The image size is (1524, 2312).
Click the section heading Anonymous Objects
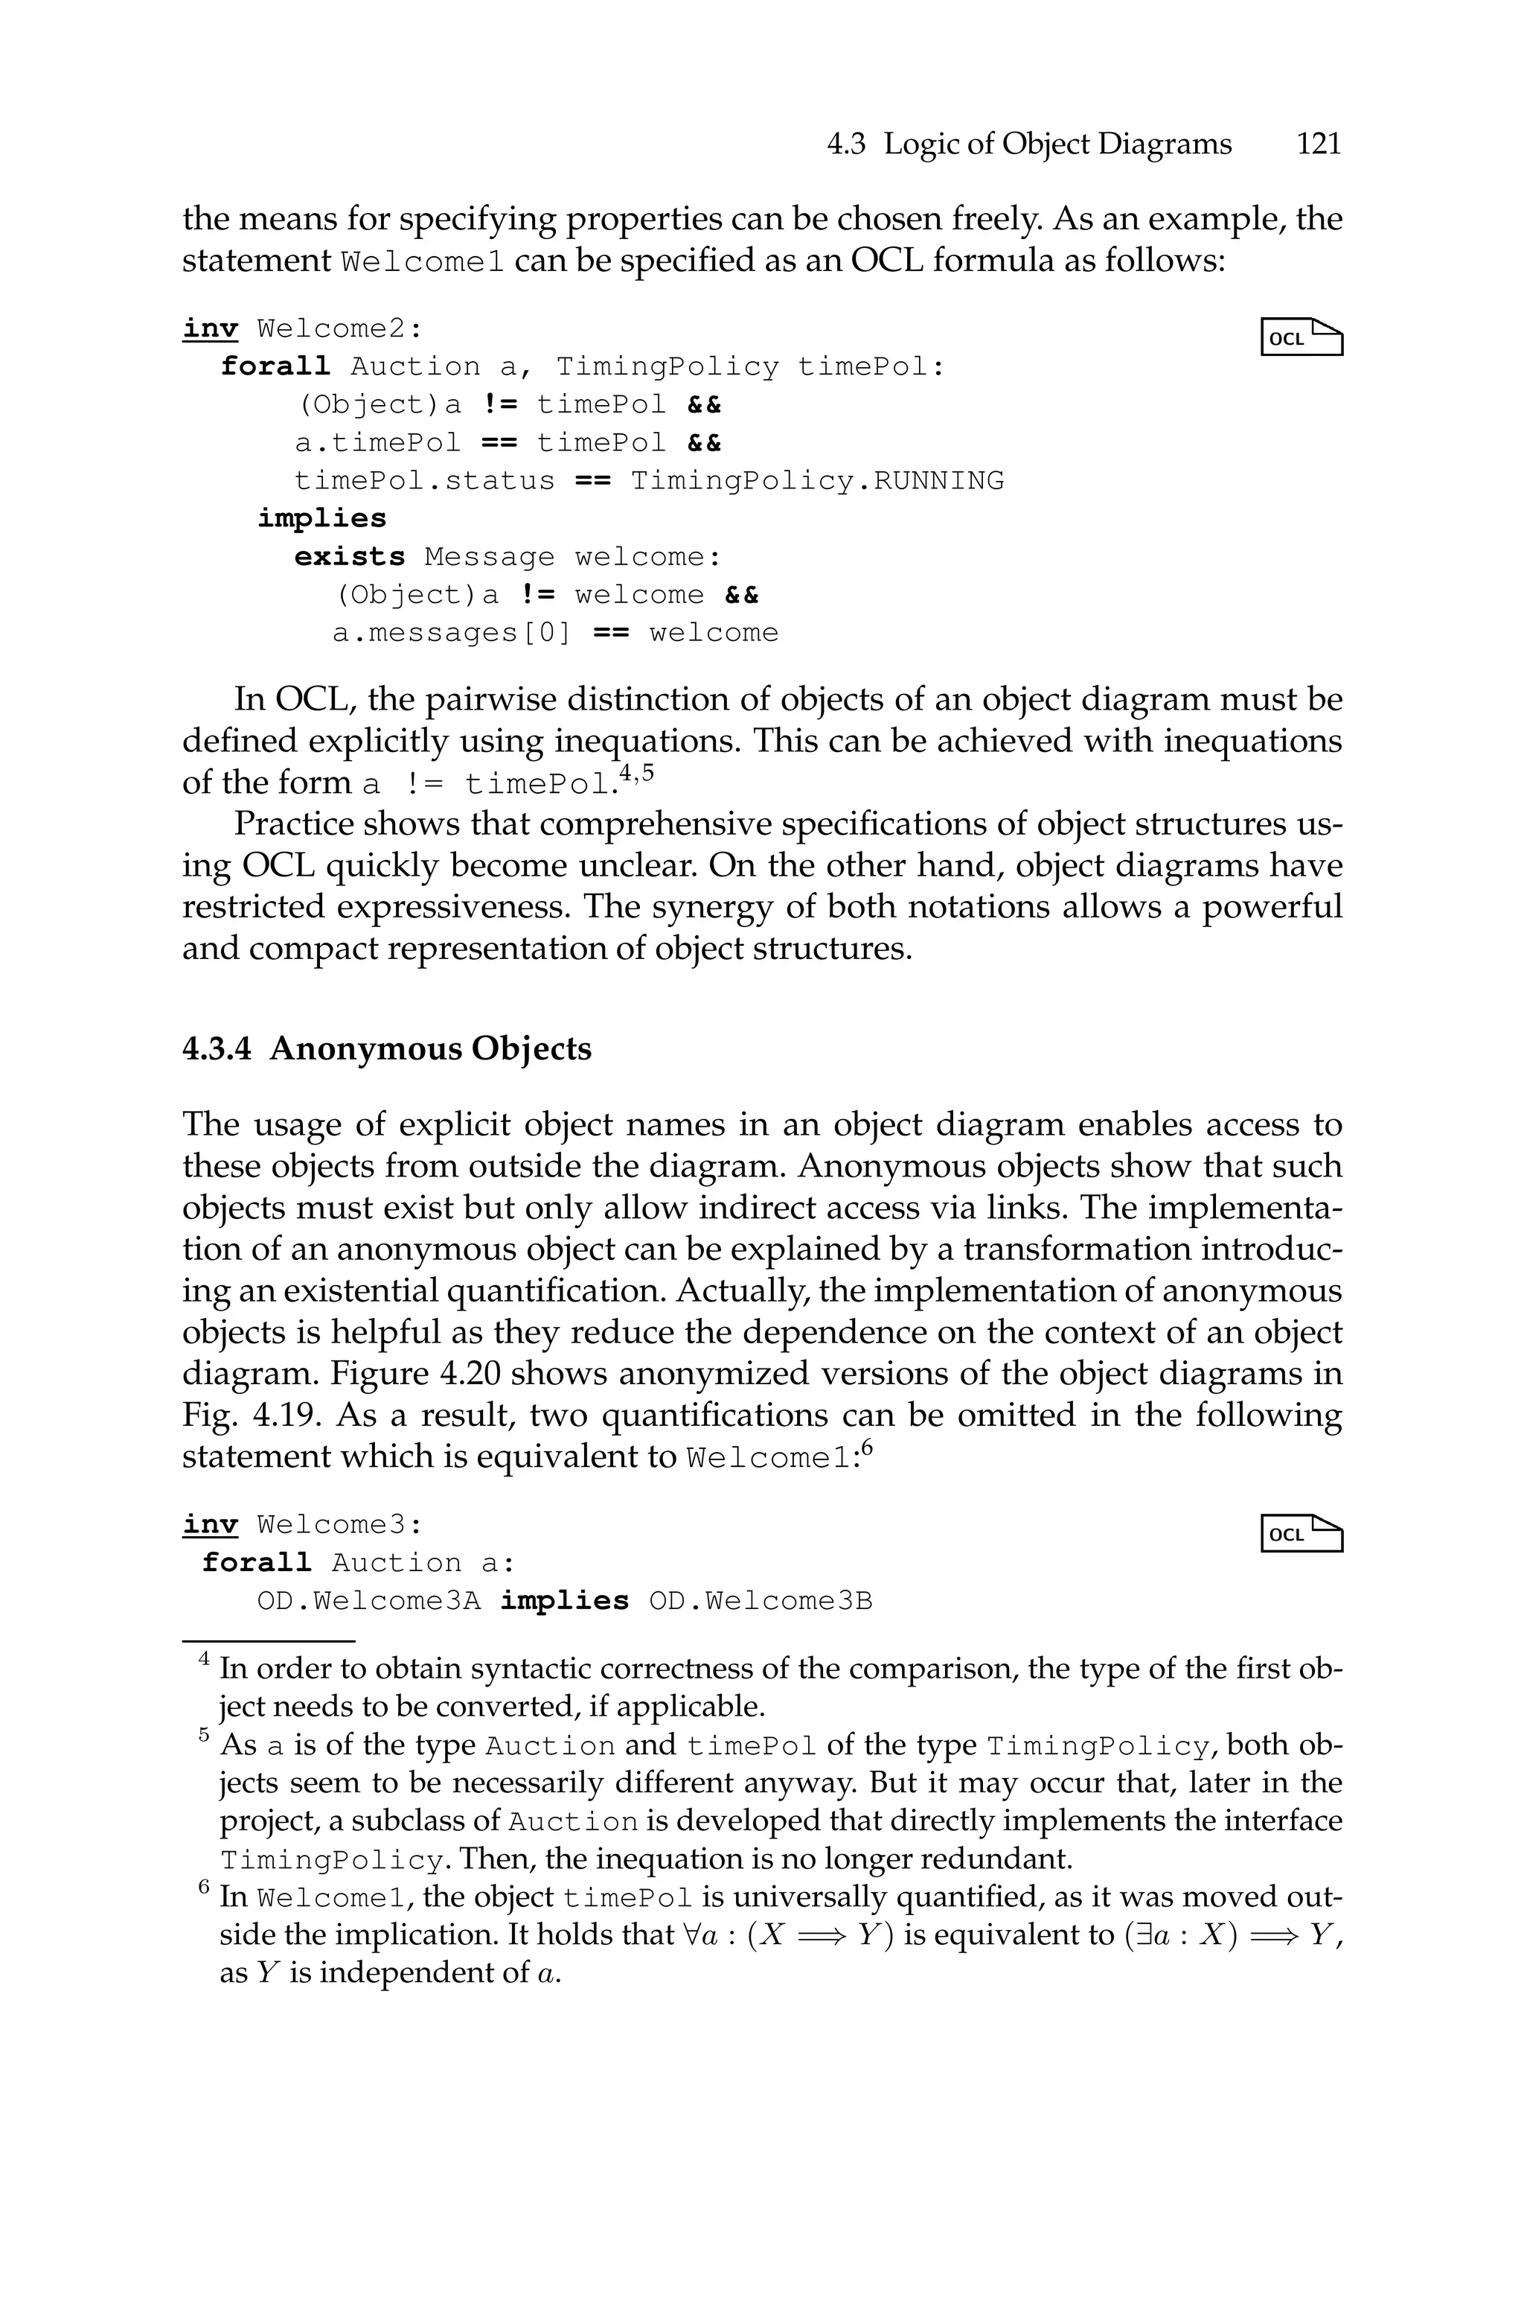point(431,1049)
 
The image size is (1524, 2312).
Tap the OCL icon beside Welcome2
point(1302,337)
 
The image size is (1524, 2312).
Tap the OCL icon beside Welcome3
point(1302,1533)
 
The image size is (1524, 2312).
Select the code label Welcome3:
point(340,1524)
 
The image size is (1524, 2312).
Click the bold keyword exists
point(350,557)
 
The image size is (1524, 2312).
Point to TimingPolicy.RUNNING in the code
point(816,481)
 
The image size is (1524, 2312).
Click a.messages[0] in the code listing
point(452,633)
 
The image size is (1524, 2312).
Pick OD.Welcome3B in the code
point(760,1602)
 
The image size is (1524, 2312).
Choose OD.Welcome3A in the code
point(368,1602)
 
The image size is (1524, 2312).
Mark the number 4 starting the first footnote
point(204,1660)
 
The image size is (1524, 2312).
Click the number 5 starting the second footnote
point(204,1736)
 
